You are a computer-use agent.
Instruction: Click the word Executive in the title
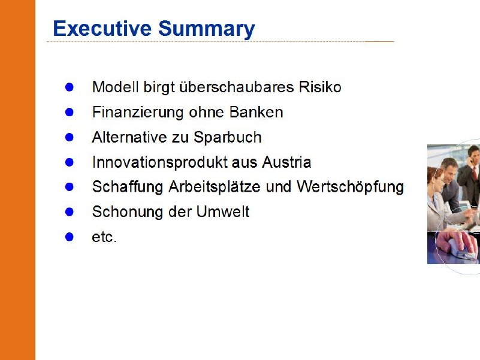tap(102, 28)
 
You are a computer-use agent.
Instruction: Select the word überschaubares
tap(236, 87)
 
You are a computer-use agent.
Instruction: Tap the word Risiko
tap(320, 87)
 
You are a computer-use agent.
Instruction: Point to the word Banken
tap(256, 112)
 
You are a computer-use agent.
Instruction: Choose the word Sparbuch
tap(228, 137)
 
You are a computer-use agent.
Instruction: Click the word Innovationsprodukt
tap(159, 162)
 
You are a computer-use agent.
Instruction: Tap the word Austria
tap(286, 162)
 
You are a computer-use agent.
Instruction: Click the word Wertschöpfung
tap(350, 187)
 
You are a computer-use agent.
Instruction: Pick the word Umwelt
tap(223, 211)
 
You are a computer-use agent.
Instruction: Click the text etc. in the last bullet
tap(104, 237)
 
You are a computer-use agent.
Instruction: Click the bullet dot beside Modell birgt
tap(70, 87)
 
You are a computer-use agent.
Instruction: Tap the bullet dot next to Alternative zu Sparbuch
tap(70, 137)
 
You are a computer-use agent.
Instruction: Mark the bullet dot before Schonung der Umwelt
tap(70, 212)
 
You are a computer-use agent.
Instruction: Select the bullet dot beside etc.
tap(70, 237)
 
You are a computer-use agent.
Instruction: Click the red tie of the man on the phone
tap(475, 173)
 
